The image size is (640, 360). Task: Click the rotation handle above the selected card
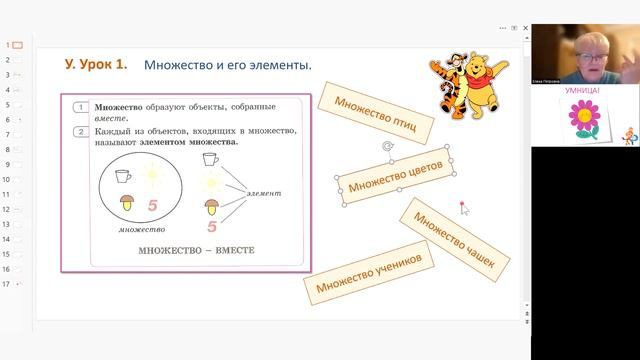(x=387, y=147)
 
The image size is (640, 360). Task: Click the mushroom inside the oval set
(x=128, y=203)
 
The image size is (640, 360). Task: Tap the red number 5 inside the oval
(x=153, y=206)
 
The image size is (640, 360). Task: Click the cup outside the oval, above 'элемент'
(x=210, y=159)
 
